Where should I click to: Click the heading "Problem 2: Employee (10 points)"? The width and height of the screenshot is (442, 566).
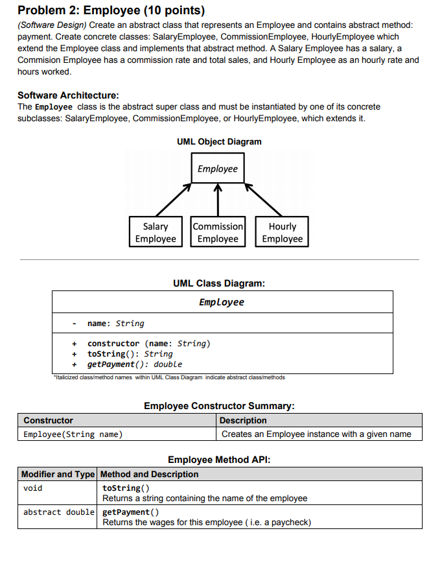click(x=111, y=10)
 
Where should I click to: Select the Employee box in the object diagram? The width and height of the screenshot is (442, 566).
click(x=218, y=169)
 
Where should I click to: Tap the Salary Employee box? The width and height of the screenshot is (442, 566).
click(x=156, y=233)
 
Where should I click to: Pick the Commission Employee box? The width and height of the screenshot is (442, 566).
click(x=218, y=233)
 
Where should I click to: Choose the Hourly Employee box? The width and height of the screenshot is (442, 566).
click(x=282, y=233)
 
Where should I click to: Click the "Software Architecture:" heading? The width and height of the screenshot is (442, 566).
click(x=68, y=95)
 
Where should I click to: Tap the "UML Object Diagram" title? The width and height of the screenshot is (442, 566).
click(x=219, y=141)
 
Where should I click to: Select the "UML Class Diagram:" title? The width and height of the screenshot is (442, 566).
click(x=219, y=283)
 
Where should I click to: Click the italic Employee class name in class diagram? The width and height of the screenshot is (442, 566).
click(x=222, y=302)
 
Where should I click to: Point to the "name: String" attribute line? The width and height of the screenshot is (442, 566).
click(x=115, y=324)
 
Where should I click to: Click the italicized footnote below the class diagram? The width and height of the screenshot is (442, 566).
click(x=169, y=377)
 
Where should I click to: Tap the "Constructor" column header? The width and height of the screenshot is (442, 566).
click(x=49, y=421)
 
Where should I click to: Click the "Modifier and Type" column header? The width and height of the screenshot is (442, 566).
click(x=58, y=474)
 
